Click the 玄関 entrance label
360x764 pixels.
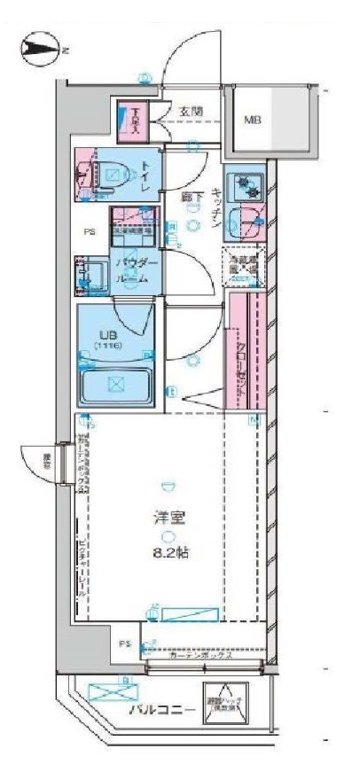click(190, 112)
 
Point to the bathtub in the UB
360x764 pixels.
click(114, 384)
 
